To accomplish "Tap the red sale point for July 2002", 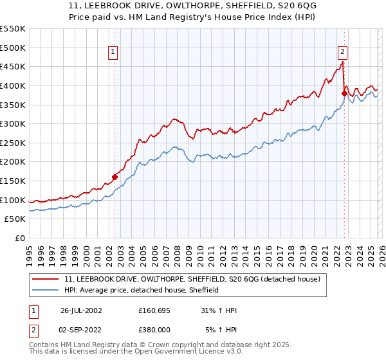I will coord(115,177).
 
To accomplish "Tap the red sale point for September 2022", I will coord(344,94).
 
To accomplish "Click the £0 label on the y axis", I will coord(19,238).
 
